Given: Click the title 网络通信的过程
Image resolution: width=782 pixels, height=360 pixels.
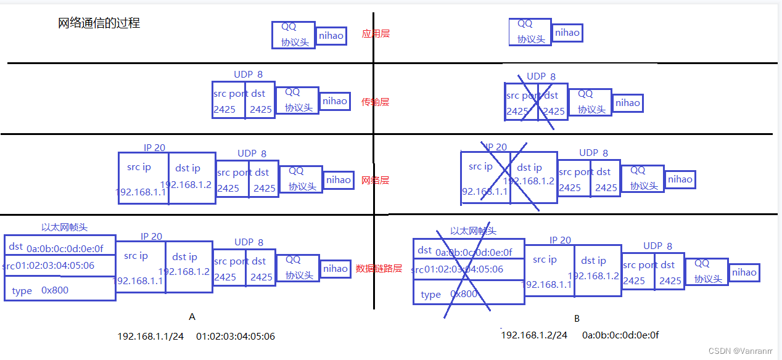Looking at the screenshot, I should pos(99,23).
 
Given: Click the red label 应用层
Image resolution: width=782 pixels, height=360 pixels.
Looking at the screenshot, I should pos(376,34).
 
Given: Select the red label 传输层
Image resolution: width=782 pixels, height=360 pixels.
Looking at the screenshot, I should pos(376,102).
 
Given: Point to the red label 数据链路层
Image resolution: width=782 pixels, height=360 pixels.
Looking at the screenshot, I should pos(379,269).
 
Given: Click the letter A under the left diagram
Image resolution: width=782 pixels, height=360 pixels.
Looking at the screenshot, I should pos(192,317).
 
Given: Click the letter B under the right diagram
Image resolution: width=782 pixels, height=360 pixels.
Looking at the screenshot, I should pos(577,319).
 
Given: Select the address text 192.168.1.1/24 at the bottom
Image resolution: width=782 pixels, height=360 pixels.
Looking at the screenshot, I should pos(150,337).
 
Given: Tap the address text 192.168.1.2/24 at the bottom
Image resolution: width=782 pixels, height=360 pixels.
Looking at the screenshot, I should pos(534,335).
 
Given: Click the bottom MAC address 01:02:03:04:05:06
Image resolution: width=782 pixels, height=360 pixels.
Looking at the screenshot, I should pos(236,337).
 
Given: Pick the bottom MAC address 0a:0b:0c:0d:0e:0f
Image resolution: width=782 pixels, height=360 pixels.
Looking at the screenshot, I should pos(620,335).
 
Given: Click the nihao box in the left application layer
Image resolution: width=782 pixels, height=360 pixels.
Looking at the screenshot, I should pos(331,36).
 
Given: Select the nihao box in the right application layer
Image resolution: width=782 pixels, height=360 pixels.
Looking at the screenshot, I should pos(567,33).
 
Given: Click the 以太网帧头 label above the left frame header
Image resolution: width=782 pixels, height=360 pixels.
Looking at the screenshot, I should pos(64,227).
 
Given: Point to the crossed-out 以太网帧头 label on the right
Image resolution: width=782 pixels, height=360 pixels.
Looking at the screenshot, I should pos(473,231).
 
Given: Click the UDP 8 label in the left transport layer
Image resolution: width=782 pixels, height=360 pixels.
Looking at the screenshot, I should pos(248,75).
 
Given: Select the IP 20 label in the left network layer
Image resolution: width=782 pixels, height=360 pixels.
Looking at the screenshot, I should pos(154,148).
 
